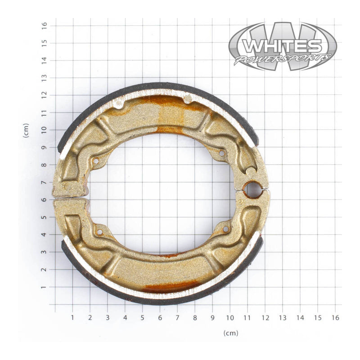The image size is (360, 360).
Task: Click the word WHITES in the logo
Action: (282, 46)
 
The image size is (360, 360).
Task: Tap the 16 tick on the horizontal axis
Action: (335, 317)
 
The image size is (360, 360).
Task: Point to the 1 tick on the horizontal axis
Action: (72, 317)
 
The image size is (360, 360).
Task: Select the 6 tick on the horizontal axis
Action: (160, 317)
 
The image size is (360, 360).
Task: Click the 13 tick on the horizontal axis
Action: (282, 317)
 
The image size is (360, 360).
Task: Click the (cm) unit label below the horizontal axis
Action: (230, 333)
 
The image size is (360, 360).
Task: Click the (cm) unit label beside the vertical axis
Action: (26, 130)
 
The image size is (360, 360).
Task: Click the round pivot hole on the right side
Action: (252, 190)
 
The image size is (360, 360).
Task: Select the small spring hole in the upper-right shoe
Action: (221, 154)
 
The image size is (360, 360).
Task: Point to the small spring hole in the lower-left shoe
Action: (100, 232)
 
